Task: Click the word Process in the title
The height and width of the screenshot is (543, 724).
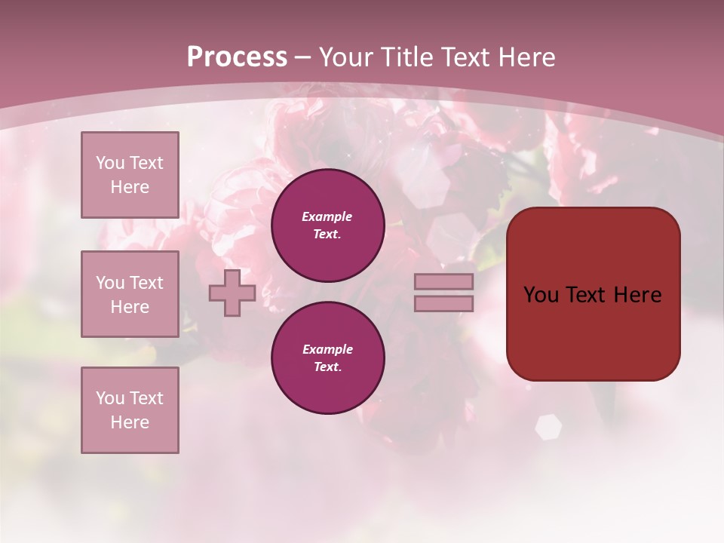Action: [x=237, y=57]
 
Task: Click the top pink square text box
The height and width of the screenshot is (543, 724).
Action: [x=130, y=175]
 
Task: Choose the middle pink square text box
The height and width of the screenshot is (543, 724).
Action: [x=130, y=294]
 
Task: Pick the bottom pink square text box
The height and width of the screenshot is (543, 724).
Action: [x=130, y=410]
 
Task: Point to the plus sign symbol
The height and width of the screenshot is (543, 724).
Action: [x=232, y=293]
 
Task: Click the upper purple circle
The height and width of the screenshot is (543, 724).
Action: [x=328, y=225]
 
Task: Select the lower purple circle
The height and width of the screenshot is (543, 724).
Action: [x=328, y=358]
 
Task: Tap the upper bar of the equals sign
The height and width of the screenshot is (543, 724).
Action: [x=444, y=282]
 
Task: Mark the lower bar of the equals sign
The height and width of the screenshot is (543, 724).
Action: [x=444, y=303]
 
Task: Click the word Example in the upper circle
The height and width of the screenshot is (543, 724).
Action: [x=327, y=217]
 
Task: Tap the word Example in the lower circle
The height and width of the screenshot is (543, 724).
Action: [x=327, y=350]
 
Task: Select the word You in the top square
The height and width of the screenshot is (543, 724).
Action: [x=110, y=163]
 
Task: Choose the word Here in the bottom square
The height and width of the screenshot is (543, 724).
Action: [x=130, y=423]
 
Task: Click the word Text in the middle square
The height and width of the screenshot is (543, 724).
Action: [x=146, y=283]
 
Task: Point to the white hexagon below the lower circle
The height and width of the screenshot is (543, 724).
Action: [x=548, y=427]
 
